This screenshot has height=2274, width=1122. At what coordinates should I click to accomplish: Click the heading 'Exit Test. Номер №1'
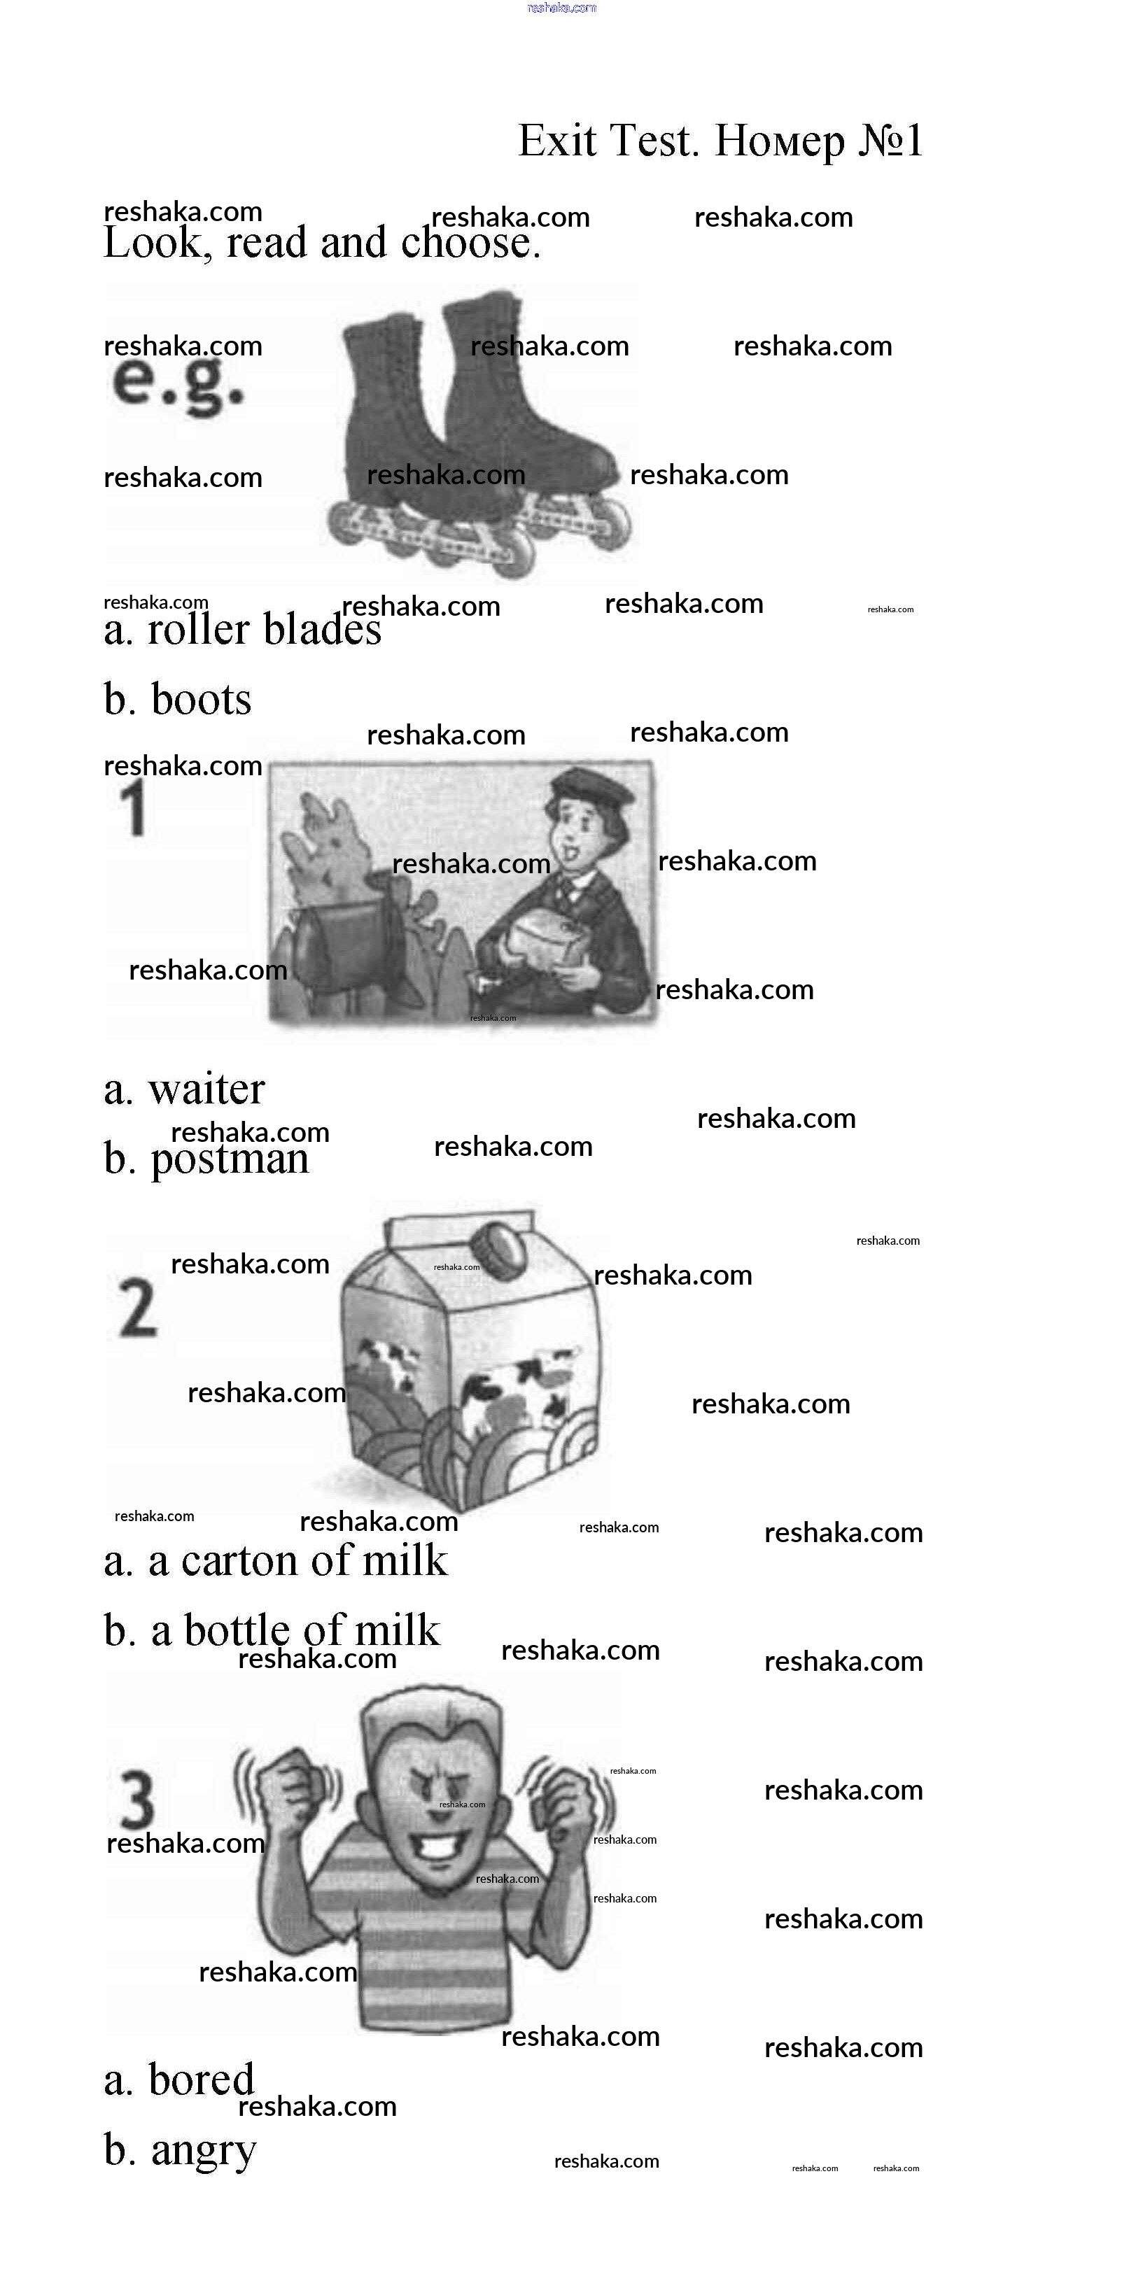(x=720, y=141)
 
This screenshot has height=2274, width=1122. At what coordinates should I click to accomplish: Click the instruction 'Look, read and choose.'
(x=321, y=242)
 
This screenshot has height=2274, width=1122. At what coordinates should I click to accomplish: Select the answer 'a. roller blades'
(x=242, y=630)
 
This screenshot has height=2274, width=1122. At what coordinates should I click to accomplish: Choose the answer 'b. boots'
(x=178, y=698)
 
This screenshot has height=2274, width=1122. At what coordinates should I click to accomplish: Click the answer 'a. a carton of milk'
(x=275, y=1561)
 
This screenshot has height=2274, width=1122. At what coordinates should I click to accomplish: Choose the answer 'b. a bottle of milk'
(x=271, y=1630)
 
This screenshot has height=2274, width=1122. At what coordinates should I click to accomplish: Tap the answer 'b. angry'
(x=179, y=2150)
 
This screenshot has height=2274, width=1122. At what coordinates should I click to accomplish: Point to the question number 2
(x=138, y=1308)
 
